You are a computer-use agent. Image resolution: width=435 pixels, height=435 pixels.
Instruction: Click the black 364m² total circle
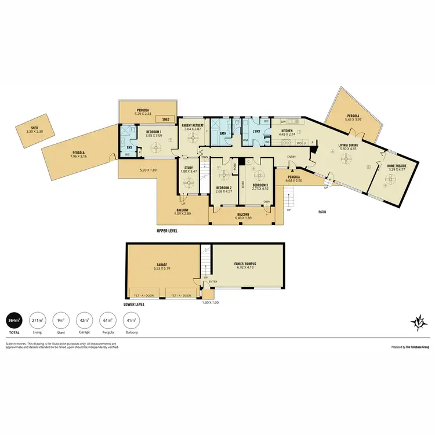13,321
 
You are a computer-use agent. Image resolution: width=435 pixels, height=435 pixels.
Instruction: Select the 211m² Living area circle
39,321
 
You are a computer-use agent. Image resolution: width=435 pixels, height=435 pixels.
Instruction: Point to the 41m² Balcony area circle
132,321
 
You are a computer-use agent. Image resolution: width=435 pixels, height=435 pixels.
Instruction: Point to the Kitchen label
287,131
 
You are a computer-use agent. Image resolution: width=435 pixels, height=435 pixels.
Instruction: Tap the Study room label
188,168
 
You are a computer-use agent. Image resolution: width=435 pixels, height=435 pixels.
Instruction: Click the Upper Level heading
166,230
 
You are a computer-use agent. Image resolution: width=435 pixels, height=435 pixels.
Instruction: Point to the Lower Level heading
134,304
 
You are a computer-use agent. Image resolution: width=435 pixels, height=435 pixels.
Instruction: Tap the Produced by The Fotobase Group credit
409,346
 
